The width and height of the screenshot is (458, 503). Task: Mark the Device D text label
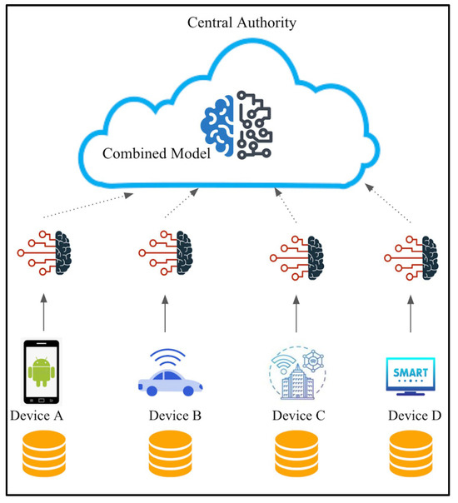coord(416,415)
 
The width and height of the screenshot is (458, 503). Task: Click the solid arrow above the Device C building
coord(296,317)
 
